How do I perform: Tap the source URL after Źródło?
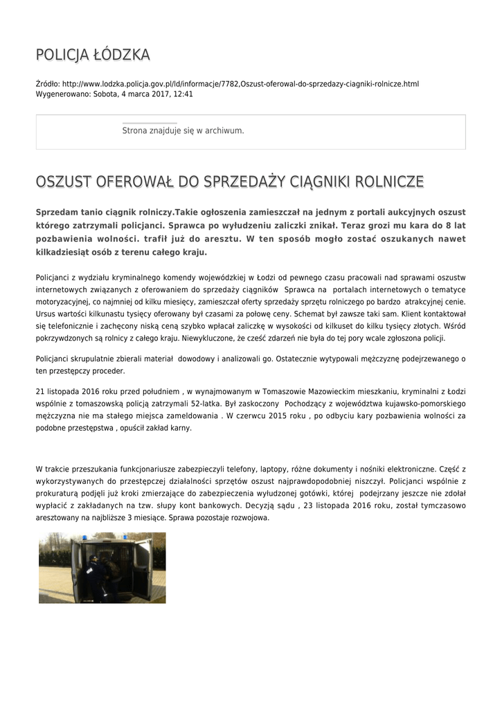240,84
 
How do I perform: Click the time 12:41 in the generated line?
183,93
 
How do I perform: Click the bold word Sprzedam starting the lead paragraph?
57,211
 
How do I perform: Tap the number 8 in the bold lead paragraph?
448,225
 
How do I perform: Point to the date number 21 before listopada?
40,391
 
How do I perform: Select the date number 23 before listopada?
322,505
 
